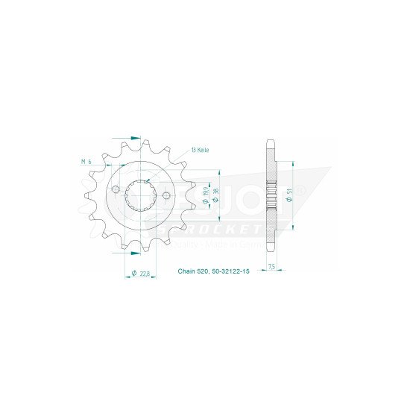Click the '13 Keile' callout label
click(201, 150)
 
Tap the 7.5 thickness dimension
click(274, 266)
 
